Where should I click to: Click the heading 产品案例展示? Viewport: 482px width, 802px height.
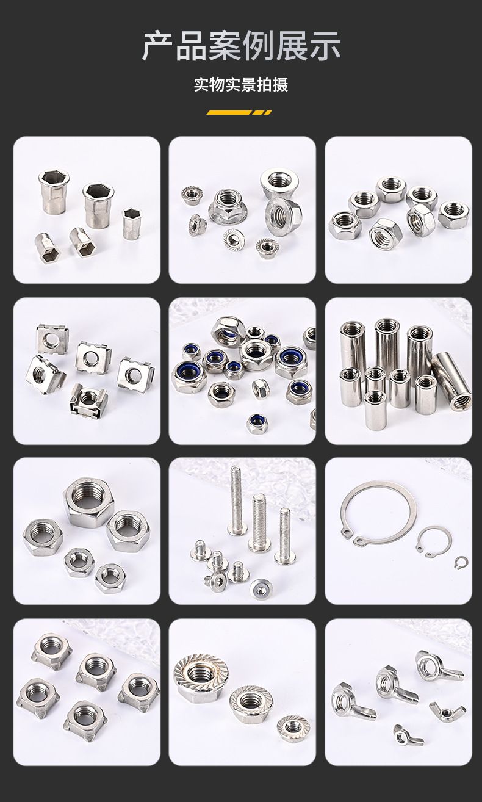(241, 46)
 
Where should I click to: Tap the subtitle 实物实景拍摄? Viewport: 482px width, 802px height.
(241, 85)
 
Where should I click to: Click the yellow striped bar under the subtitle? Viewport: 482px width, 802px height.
(239, 112)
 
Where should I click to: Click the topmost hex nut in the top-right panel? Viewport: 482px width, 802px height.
(390, 189)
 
